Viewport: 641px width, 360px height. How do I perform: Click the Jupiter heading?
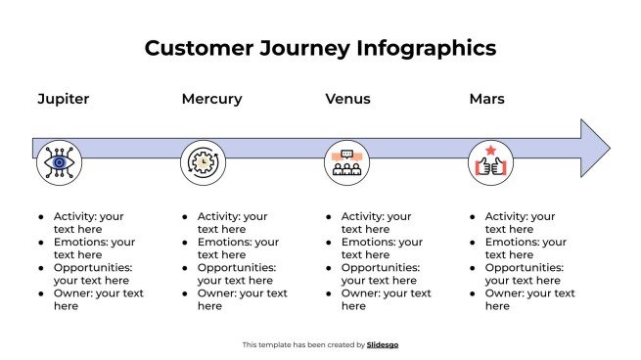pos(63,99)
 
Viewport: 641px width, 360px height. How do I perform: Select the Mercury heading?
pos(211,99)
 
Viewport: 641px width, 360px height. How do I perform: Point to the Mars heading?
pos(486,99)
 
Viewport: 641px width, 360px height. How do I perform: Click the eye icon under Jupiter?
pos(59,162)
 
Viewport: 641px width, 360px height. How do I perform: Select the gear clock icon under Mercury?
pos(203,162)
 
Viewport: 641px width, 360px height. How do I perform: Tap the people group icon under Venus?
pos(346,162)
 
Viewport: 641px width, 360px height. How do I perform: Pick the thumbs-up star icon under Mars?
pos(489,162)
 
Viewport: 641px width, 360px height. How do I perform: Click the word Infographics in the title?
pos(426,48)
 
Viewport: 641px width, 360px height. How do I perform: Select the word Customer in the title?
pos(196,48)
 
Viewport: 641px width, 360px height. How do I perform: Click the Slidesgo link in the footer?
pos(383,344)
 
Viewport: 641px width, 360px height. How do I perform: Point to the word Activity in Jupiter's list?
pos(74,216)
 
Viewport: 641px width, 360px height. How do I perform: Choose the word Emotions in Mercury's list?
pos(223,242)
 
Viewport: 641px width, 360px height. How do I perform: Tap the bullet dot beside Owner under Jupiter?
pos(40,293)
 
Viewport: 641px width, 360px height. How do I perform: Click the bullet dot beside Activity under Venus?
pos(328,217)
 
